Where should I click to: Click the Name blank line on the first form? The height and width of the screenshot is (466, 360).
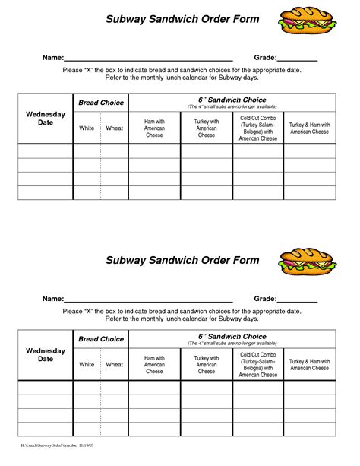coord(147,59)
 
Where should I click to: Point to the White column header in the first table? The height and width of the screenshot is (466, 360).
coord(87,128)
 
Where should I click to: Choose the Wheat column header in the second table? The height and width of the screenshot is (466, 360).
coord(114,365)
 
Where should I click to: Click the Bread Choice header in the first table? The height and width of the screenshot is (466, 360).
coord(101,103)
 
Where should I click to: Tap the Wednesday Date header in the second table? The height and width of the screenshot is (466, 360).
coord(46,355)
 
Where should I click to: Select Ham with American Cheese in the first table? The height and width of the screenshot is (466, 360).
coord(154,128)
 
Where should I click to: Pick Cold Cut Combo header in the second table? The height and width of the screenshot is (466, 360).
coord(257,365)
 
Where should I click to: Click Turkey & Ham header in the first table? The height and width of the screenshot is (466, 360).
coord(309,128)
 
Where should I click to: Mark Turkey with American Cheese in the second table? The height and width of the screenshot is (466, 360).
coord(207,365)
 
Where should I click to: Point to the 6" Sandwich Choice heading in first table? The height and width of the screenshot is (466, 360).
coord(232,100)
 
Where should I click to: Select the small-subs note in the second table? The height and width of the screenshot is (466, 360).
coord(232,344)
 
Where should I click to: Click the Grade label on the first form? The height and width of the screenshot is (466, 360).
coord(264,58)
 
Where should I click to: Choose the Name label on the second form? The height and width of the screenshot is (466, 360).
coord(52,299)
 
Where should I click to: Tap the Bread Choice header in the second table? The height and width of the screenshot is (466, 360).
coord(101,339)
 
